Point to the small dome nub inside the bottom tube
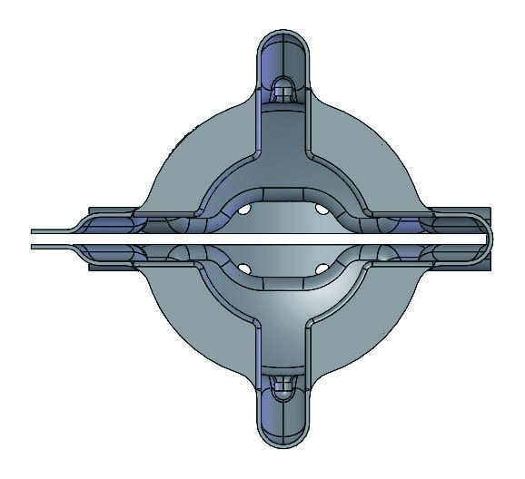(282, 387)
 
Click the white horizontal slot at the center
(282, 238)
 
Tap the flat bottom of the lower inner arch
(282, 287)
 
